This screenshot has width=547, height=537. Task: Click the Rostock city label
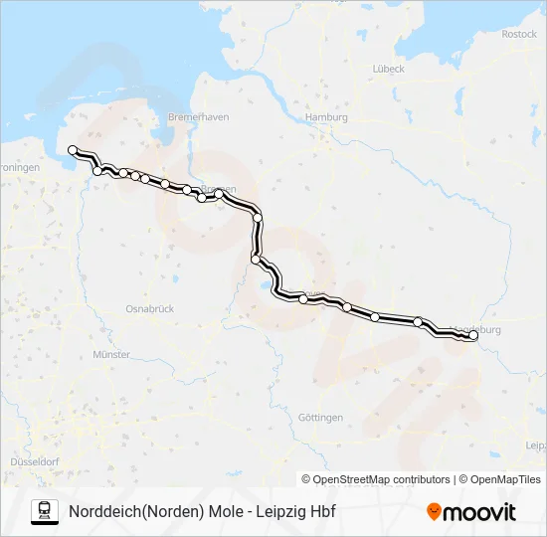pos(519,34)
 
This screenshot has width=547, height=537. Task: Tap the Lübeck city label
pos(389,69)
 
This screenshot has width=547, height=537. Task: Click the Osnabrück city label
pos(151,309)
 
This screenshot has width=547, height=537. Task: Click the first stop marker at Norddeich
pos(73,150)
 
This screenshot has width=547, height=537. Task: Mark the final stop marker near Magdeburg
pos(472,336)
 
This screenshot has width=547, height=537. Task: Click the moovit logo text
pos(479,512)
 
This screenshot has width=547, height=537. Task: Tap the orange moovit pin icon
pos(434,512)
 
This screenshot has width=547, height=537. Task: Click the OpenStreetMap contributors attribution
pos(382,479)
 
